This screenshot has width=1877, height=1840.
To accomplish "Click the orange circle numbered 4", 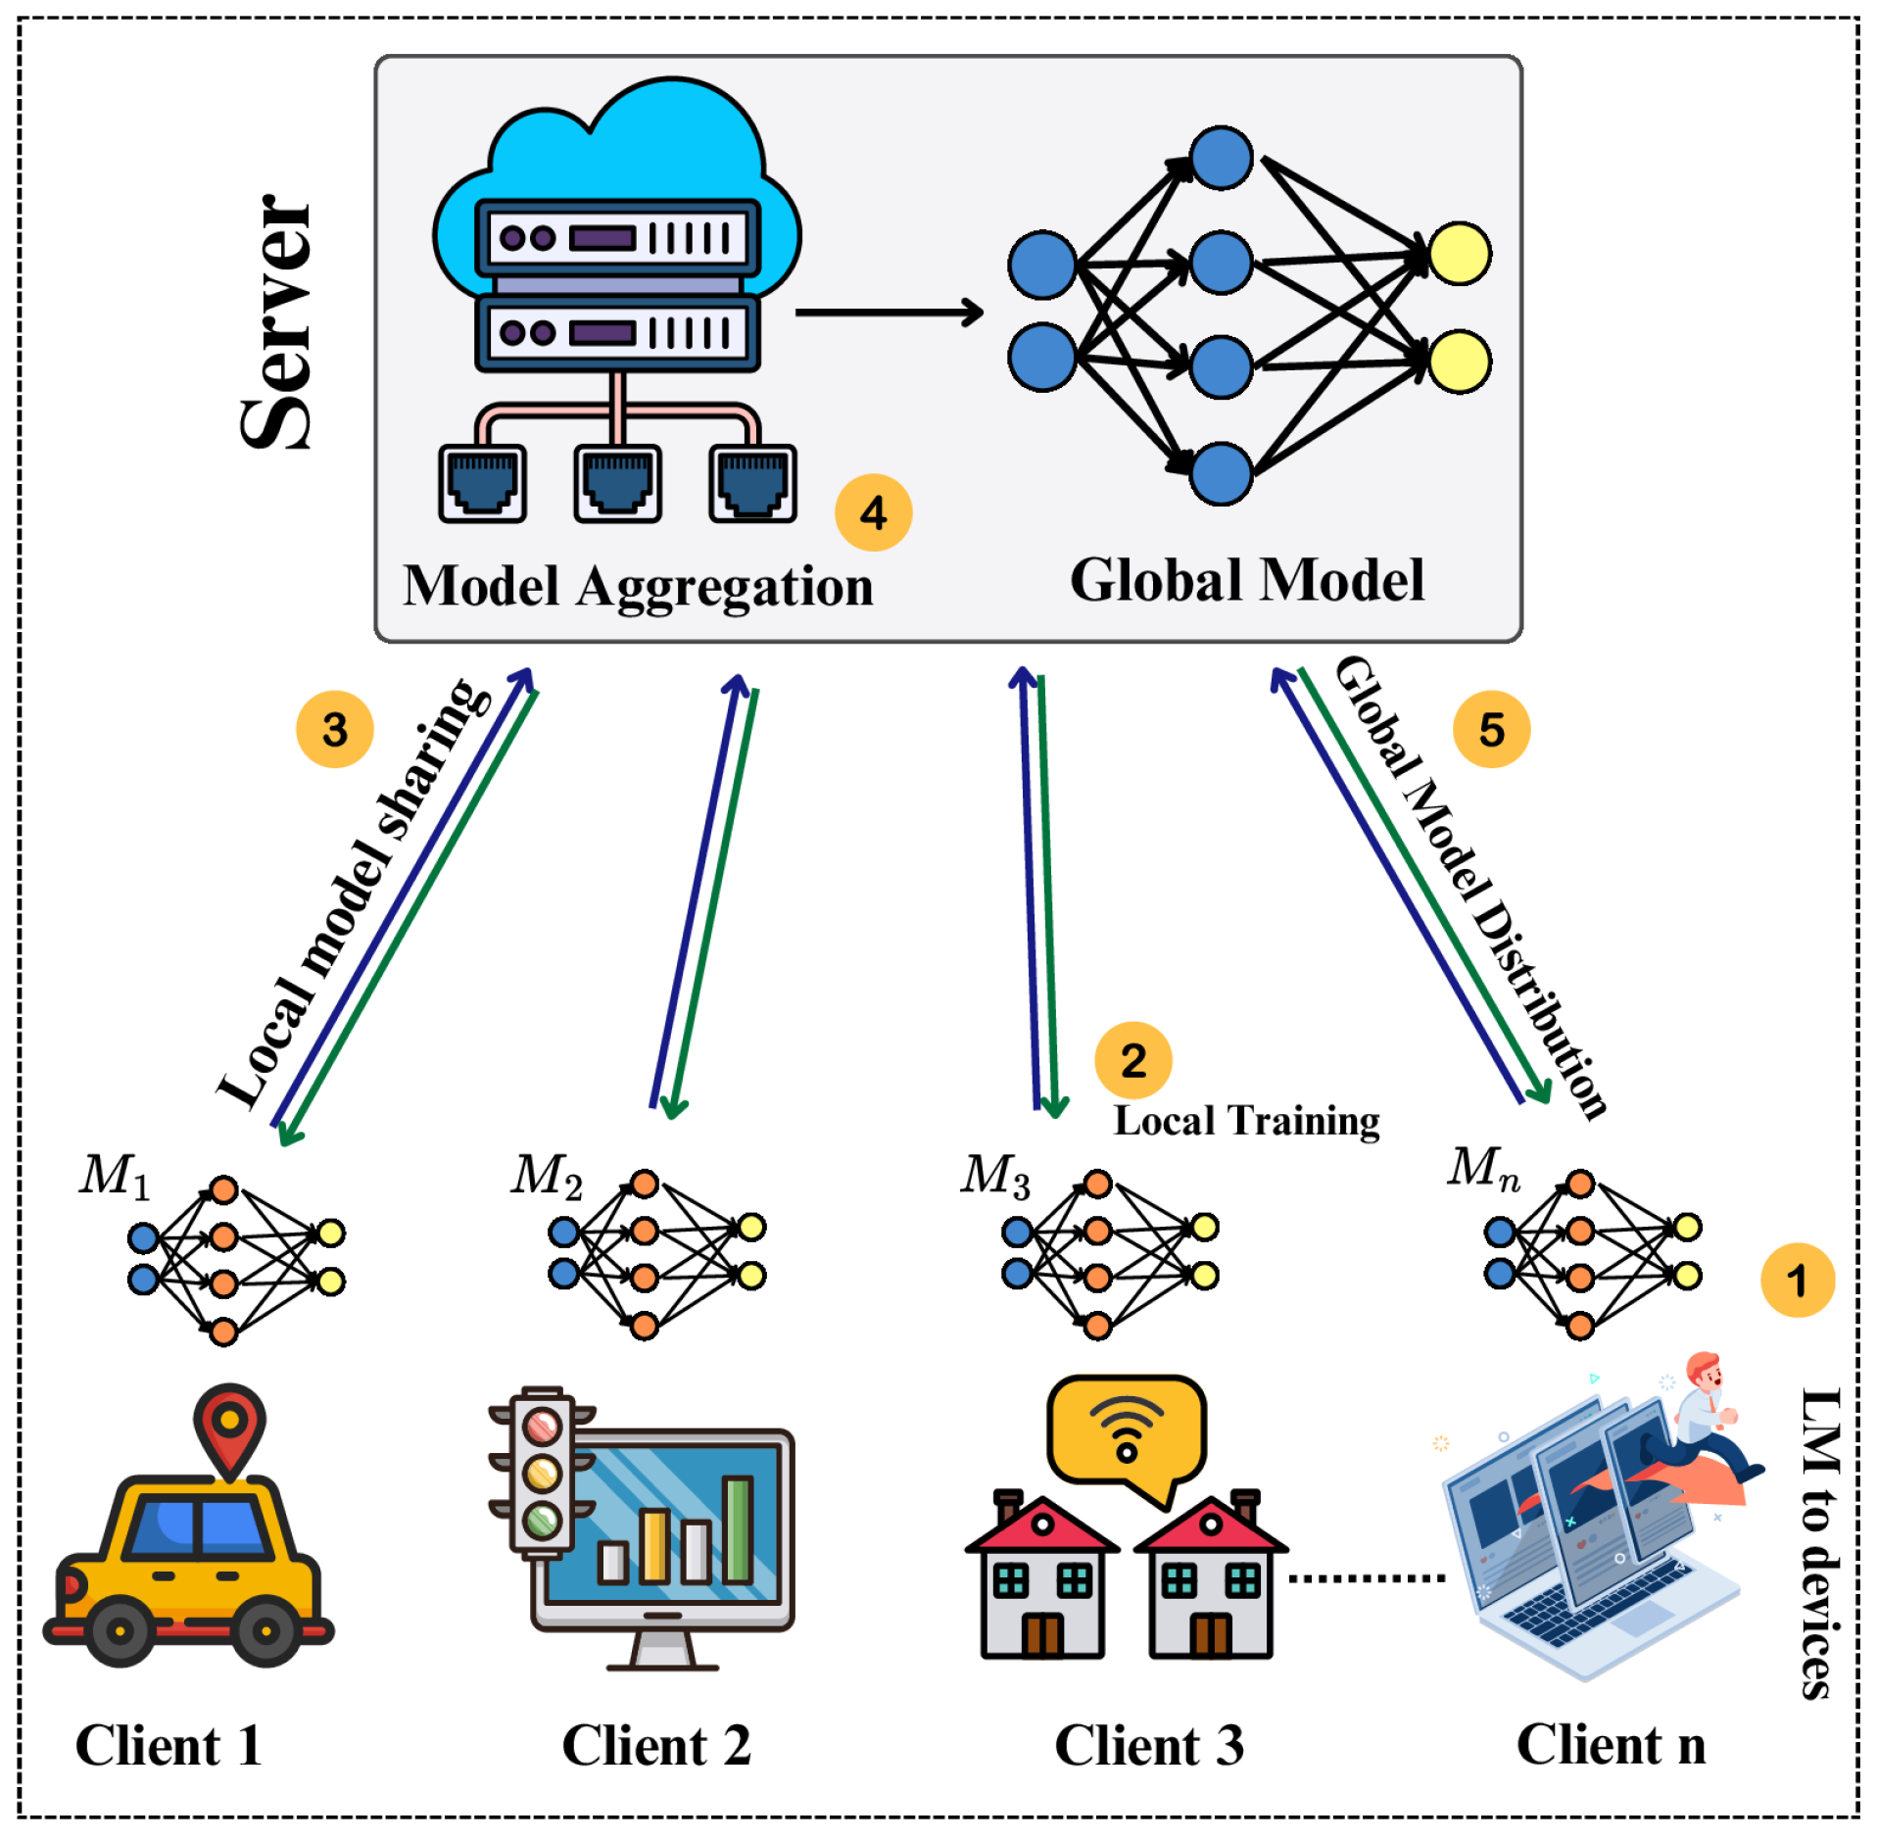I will [873, 512].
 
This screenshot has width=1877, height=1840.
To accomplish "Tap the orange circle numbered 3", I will [335, 729].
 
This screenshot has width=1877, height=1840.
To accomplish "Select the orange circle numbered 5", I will [1490, 729].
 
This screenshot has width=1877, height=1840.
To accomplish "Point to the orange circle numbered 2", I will [1132, 1060].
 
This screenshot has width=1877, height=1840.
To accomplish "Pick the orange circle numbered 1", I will [1797, 1280].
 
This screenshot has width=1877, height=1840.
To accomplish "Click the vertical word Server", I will [276, 323].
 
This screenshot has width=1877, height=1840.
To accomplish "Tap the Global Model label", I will [1246, 580].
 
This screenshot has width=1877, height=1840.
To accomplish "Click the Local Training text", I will [1246, 1120].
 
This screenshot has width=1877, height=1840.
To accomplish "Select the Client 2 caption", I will [655, 1746].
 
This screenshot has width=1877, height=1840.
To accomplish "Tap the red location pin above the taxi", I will [229, 1427].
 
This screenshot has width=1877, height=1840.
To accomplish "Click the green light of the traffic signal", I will [542, 1520].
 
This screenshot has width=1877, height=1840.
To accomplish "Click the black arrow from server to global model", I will [888, 313].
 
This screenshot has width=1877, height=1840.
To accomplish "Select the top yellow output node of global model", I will [1459, 254].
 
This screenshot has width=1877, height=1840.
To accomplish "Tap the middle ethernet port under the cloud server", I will [617, 483].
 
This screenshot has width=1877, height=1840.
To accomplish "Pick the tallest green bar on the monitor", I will [737, 1529].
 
